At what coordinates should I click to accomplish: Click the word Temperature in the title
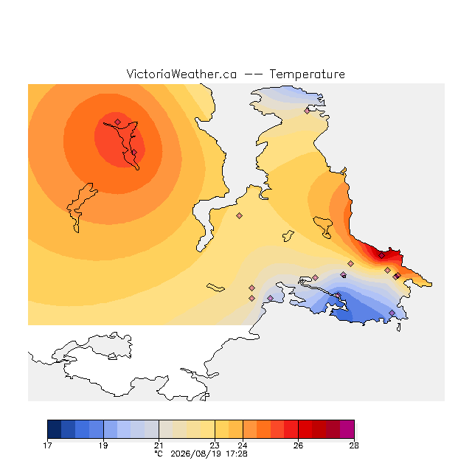307,74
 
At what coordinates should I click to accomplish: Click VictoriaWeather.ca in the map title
181,74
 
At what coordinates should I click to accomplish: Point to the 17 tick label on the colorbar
47,445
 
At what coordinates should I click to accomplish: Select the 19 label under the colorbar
103,445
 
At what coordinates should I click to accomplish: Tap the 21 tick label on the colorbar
159,445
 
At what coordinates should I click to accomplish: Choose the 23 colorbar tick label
215,445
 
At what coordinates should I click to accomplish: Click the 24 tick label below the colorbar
243,445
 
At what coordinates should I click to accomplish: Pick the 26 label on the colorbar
298,445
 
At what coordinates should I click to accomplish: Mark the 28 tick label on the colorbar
354,445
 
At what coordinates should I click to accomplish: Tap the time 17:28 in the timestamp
237,454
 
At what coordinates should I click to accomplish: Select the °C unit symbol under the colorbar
159,454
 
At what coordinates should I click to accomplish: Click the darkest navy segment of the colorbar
55,429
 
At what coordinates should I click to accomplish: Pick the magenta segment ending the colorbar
347,429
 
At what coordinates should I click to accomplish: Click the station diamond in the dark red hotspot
381,256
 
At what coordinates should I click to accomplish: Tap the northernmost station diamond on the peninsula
307,111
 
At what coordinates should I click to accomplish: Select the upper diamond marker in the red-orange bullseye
118,122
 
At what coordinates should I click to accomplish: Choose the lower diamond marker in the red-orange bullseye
134,153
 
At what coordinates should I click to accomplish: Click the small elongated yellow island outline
215,288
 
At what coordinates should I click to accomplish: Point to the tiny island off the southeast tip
398,327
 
